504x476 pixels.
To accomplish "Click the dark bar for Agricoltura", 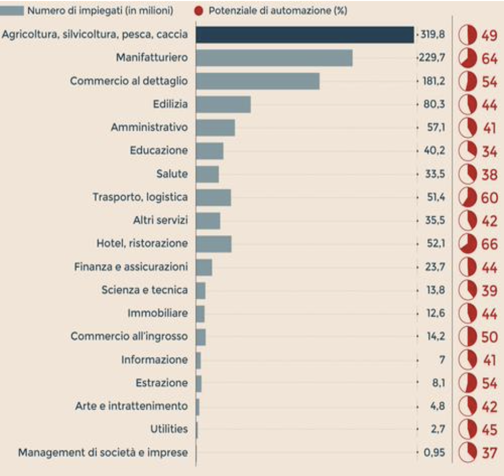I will [305, 35].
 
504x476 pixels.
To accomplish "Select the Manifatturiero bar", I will [274, 58].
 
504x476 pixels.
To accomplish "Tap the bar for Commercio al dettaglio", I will [258, 81].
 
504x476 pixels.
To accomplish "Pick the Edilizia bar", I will [223, 104].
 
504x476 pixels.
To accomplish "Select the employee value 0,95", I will [434, 452].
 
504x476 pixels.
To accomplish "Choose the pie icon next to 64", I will [466, 58].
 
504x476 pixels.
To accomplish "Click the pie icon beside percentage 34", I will [466, 151].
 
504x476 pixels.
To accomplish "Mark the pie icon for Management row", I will [466, 453].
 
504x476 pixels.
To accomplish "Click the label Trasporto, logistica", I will [140, 197].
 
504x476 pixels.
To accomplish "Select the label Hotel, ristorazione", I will [142, 243].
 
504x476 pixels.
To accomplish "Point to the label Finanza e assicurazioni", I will [131, 266].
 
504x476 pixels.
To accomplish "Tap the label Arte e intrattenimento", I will [131, 406].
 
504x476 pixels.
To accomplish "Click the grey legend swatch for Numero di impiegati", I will [15, 10].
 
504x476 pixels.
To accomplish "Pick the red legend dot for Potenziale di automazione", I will [199, 10].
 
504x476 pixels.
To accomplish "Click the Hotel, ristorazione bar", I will [214, 244].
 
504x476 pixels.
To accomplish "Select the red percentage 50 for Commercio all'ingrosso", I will [489, 337].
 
